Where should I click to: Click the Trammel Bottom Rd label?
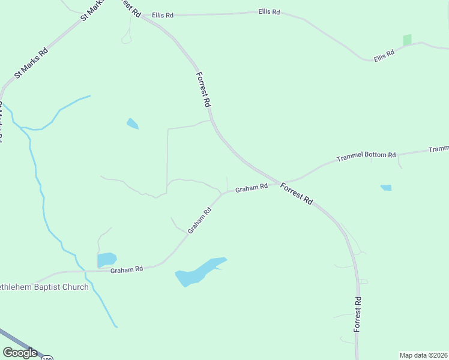point(366,156)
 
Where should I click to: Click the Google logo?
point(19,353)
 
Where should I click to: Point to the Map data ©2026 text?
point(423,355)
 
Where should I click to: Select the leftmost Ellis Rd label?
point(162,14)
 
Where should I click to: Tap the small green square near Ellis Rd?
point(408,40)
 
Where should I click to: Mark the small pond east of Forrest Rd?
point(386,188)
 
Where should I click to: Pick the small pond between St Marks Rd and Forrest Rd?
point(132,124)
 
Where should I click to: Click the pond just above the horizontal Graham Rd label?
point(106,259)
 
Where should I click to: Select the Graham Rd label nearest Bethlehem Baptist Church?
point(126,270)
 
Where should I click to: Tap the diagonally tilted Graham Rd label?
point(199,220)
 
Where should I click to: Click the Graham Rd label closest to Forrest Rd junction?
point(251,188)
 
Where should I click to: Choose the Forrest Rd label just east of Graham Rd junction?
point(297,194)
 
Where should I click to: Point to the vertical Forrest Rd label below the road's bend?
point(357,314)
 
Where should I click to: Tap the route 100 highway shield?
point(47,358)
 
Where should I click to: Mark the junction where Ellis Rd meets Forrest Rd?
point(142,16)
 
